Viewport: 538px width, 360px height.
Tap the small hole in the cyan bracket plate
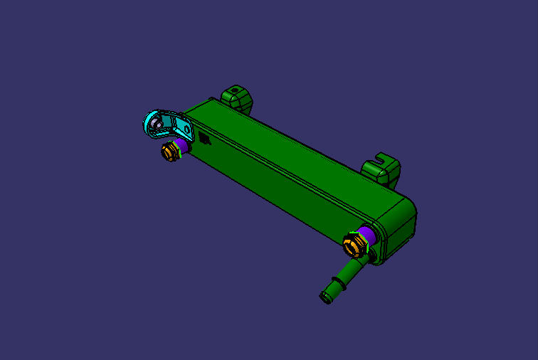pos(183,129)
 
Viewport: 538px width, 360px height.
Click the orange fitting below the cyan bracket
pos(170,151)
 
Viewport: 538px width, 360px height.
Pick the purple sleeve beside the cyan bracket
pos(182,145)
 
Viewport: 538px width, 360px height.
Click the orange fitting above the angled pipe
pos(353,246)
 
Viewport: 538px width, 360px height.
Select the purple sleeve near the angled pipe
pos(366,235)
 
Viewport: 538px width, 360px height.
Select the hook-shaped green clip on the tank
pos(382,169)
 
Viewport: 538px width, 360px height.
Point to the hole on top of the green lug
pos(236,90)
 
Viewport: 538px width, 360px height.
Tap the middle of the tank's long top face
pos(299,153)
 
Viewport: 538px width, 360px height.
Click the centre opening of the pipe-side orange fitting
pos(351,246)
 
